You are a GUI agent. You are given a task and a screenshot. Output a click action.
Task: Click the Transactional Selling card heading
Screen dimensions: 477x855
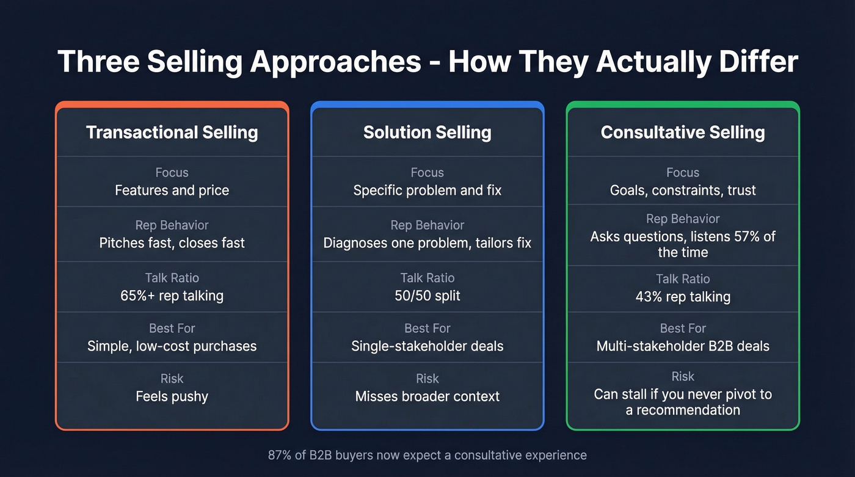point(172,133)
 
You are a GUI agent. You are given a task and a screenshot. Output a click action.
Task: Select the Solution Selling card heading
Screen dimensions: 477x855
point(427,133)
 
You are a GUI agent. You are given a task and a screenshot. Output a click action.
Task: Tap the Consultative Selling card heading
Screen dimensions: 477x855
point(683,133)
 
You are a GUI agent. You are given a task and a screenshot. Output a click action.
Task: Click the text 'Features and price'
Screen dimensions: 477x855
point(172,191)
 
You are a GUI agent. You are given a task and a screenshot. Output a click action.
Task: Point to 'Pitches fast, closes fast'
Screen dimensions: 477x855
point(172,243)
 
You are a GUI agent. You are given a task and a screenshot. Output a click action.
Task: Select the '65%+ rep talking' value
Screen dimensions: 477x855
point(172,296)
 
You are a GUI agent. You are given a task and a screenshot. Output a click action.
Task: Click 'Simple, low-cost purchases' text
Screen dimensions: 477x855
point(172,346)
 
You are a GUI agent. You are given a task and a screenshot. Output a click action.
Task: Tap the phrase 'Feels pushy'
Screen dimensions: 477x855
point(172,396)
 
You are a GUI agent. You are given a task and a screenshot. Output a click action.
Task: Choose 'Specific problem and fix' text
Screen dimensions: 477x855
point(427,191)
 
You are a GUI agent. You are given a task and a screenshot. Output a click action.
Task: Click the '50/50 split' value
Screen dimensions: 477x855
point(427,296)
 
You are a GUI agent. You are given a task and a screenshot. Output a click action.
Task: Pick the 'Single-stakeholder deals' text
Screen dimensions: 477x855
point(427,346)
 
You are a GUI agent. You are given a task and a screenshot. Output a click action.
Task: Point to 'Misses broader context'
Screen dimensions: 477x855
point(427,396)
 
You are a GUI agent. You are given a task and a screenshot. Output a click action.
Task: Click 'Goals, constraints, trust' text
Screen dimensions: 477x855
point(683,191)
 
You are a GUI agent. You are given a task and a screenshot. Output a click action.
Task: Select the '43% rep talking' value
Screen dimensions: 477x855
point(683,297)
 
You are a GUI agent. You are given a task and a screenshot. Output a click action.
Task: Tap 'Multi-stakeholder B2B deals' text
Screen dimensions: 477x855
point(683,346)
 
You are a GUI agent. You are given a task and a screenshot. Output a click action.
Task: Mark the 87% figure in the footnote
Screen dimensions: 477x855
point(279,455)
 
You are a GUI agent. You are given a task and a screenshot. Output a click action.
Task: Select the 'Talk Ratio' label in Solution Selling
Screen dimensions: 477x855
point(427,279)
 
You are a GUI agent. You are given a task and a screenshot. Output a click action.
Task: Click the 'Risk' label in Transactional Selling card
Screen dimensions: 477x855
point(172,379)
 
